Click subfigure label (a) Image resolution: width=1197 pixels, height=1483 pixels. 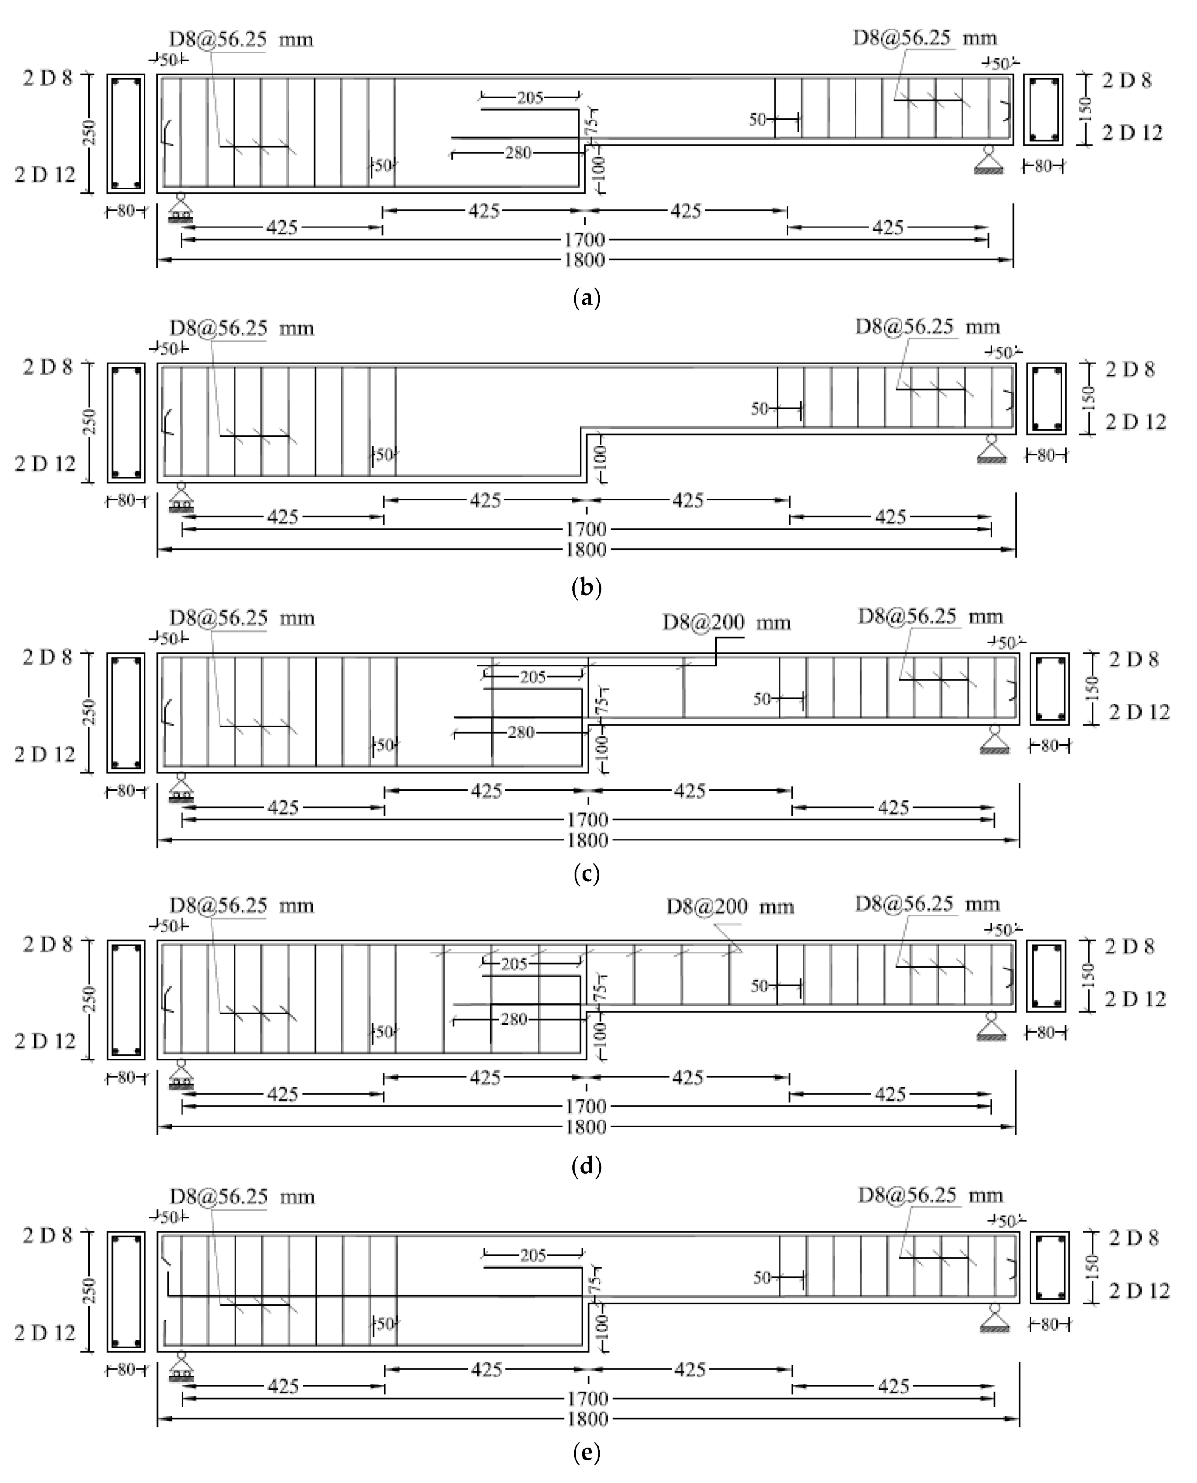[587, 299]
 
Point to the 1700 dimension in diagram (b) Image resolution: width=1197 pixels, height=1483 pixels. [586, 530]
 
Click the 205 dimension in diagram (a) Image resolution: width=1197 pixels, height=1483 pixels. [530, 98]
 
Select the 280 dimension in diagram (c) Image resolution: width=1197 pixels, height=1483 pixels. [521, 732]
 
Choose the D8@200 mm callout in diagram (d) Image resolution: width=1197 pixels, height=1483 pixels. [729, 906]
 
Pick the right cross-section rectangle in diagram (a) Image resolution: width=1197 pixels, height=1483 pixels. [1043, 110]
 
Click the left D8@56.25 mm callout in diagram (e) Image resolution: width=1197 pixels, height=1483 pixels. [242, 1195]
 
